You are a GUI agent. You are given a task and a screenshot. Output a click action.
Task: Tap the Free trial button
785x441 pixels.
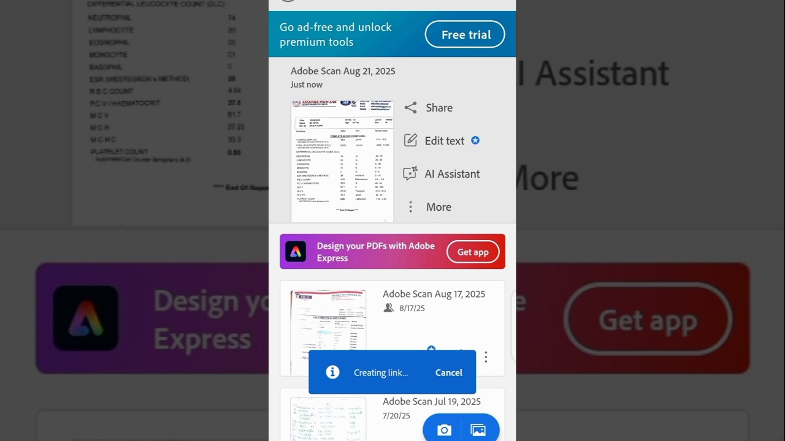pos(465,35)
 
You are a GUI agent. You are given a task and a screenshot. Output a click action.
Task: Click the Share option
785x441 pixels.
pos(439,108)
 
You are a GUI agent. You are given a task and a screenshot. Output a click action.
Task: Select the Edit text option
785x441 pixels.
pos(444,141)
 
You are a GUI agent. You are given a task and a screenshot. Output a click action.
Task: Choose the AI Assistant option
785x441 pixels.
pos(452,174)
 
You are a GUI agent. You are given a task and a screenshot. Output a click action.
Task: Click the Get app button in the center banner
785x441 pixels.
pos(473,252)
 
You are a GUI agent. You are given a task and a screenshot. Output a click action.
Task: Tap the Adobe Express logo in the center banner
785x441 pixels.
pos(296,252)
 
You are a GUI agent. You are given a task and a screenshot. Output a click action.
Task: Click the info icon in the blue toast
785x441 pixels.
pos(332,372)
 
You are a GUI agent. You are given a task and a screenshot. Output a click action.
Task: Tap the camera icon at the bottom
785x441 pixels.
pos(444,431)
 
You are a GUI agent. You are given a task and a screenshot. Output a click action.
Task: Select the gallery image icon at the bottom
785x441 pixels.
pos(478,431)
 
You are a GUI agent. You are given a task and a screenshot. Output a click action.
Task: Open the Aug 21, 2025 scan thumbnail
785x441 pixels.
pos(342,160)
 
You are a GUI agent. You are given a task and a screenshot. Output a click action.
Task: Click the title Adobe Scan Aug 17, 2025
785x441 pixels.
pos(434,294)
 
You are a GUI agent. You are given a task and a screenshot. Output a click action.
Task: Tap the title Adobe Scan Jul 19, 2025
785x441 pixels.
pos(431,402)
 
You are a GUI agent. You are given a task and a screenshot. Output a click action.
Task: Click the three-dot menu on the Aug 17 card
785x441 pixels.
pos(486,356)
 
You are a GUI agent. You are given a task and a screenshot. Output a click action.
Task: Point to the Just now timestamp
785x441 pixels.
pos(307,85)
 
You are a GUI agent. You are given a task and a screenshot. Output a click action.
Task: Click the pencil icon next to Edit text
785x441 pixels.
pos(410,140)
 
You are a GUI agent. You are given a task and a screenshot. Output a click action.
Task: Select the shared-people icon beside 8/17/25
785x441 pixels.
pos(388,308)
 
